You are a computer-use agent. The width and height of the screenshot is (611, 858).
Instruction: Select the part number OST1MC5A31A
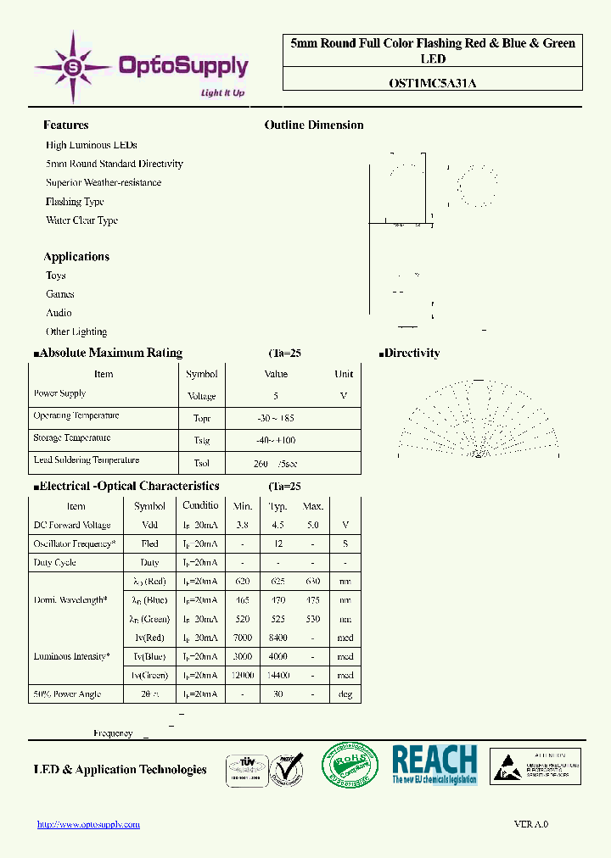431,83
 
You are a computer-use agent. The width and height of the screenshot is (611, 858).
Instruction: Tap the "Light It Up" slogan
221,92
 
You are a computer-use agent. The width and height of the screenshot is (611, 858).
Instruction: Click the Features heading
65,125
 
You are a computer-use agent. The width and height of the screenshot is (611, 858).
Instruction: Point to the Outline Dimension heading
314,125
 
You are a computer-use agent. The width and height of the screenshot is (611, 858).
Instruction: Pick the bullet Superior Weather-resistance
104,182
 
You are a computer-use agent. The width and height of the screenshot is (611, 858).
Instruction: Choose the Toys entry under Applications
56,276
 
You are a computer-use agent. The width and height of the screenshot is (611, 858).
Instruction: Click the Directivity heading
412,353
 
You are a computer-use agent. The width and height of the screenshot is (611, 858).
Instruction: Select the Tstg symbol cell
201,441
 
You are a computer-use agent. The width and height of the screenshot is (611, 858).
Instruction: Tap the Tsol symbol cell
201,463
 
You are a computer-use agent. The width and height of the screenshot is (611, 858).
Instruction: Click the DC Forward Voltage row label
72,525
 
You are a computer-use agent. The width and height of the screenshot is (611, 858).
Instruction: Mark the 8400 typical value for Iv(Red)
277,638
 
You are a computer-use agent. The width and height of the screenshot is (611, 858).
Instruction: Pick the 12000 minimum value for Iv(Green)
243,675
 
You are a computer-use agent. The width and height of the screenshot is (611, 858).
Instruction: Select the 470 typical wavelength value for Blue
277,600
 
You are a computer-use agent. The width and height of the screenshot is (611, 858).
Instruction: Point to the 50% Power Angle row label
67,694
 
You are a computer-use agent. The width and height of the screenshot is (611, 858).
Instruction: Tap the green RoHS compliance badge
350,766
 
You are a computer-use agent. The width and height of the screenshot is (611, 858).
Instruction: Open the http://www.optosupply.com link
89,824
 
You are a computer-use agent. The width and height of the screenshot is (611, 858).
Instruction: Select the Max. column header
313,506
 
